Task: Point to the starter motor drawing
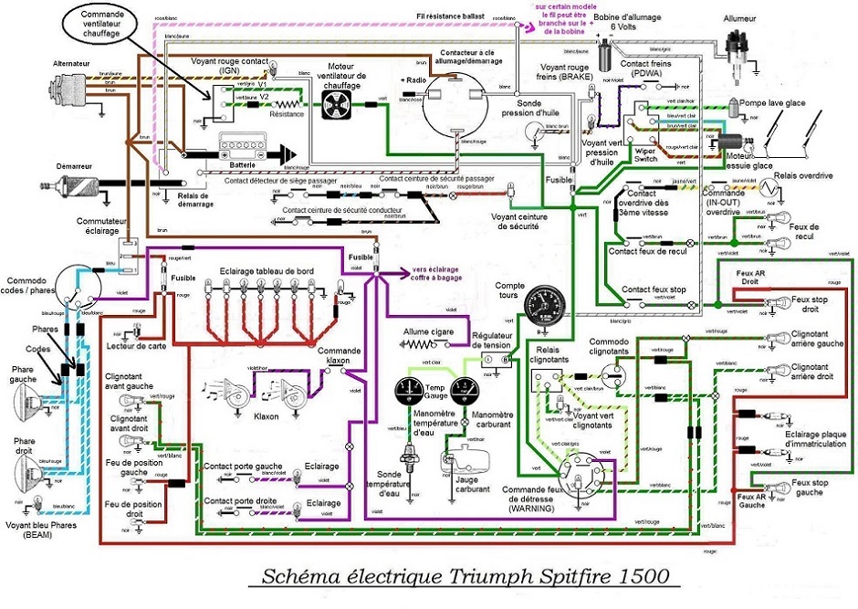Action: tap(78, 190)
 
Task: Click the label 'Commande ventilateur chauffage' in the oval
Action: tap(99, 26)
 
